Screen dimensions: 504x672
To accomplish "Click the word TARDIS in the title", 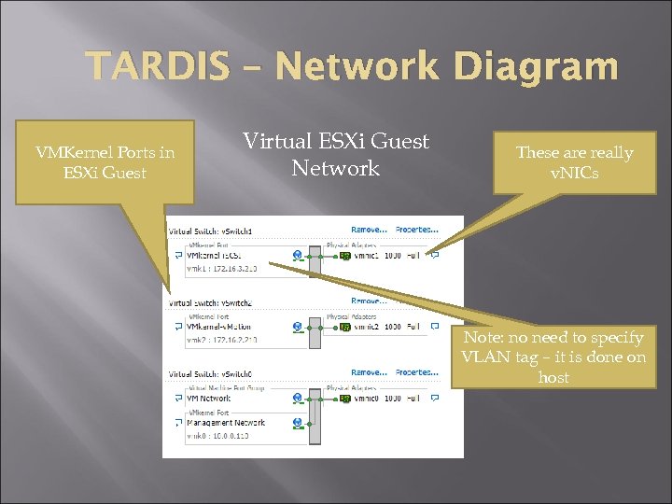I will [x=157, y=67].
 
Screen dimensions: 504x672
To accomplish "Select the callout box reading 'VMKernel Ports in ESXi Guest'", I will [x=105, y=162].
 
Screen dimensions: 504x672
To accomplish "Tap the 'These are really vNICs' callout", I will [x=574, y=162].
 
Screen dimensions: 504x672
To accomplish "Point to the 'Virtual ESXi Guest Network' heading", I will [x=336, y=155].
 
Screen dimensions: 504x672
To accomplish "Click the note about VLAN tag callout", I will [x=553, y=357].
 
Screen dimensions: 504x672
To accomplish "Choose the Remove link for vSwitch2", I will [x=369, y=301].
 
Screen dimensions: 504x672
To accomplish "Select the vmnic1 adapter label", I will [x=366, y=255].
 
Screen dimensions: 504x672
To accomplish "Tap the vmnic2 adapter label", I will [x=366, y=327].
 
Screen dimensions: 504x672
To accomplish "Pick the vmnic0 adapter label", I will [x=366, y=399].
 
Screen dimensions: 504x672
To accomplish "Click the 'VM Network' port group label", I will [x=210, y=399].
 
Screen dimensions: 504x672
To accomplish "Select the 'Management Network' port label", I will [x=226, y=423].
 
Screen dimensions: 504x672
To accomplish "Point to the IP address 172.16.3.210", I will [x=222, y=269].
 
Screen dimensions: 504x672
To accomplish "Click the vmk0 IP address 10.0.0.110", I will [x=220, y=436].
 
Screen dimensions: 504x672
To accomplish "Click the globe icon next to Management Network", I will [x=298, y=423].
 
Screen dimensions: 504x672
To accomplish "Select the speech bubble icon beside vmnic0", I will [x=435, y=399].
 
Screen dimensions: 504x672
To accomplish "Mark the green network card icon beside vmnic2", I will [x=344, y=328].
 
